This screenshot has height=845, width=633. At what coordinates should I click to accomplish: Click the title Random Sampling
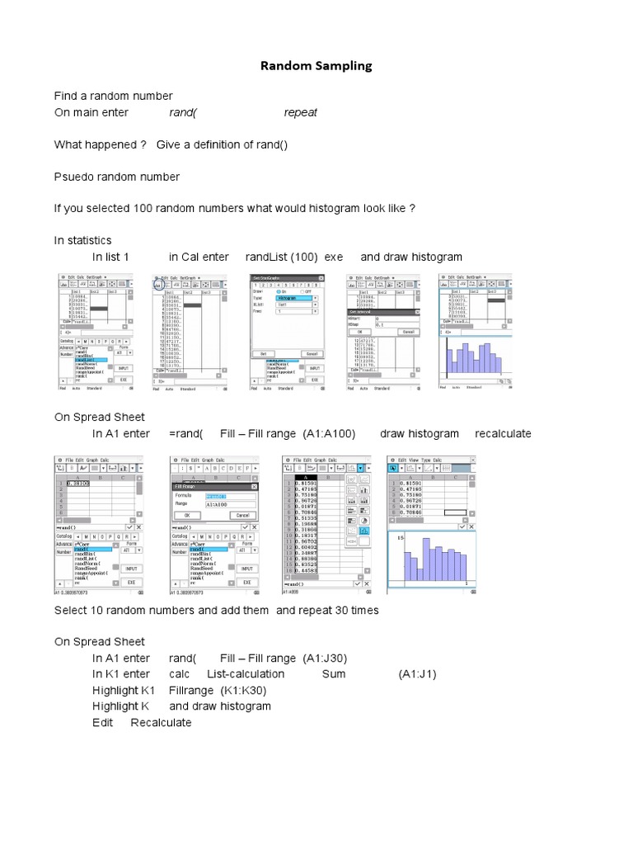coord(316,65)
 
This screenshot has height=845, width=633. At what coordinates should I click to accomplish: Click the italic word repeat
coord(301,112)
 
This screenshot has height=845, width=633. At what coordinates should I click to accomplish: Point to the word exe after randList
coord(333,257)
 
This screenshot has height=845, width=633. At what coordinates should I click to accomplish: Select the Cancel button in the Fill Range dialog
coord(241,514)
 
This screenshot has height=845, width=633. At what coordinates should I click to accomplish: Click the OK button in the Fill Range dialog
coord(187,514)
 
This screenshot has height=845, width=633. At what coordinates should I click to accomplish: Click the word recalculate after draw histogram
coord(503,433)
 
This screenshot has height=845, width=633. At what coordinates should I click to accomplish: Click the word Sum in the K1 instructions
coord(334,673)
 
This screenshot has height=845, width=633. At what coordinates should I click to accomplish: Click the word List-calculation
coord(246,673)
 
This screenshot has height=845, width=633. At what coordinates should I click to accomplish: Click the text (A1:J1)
coord(418,673)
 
